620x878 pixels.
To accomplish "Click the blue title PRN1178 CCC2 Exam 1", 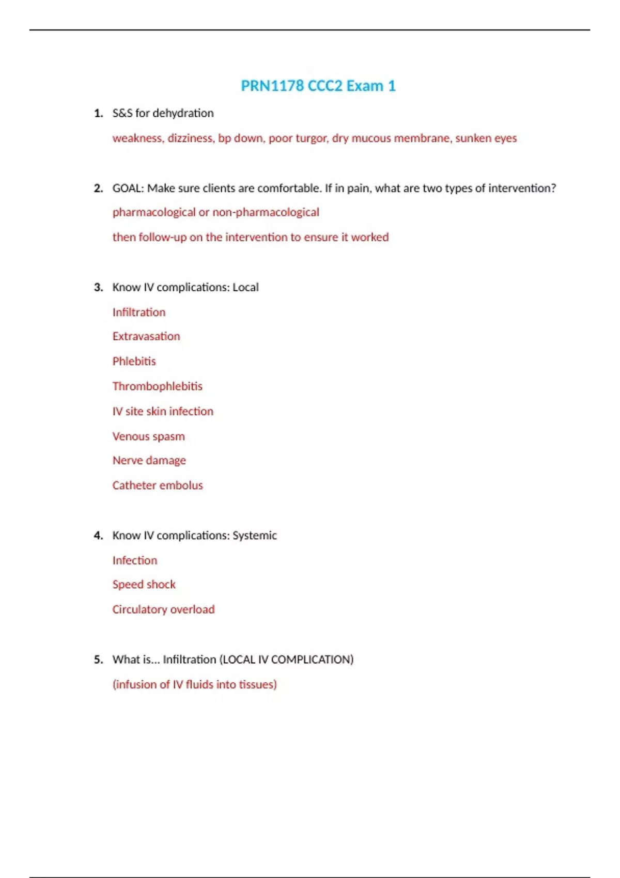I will [x=318, y=86].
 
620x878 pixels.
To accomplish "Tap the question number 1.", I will [x=98, y=113].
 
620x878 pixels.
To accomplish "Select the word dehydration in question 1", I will [x=183, y=113].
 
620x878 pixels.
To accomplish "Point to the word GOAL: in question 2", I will [x=128, y=188].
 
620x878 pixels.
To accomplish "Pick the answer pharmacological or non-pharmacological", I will [x=215, y=212].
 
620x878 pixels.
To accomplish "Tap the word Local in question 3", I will [x=245, y=287].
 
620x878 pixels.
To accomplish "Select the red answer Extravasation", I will [x=146, y=336].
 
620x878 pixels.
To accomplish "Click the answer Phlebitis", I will [x=134, y=361].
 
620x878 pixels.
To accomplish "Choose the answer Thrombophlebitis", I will [x=157, y=386].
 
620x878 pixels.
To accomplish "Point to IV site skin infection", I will [x=163, y=411].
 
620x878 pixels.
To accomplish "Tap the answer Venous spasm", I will [x=148, y=436].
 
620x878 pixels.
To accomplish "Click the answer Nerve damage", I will [x=149, y=460].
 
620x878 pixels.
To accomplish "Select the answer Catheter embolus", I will [x=158, y=485].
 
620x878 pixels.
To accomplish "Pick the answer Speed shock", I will [x=144, y=585].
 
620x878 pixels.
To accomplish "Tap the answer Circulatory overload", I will [x=163, y=609].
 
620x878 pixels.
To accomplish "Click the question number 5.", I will [x=98, y=660].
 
